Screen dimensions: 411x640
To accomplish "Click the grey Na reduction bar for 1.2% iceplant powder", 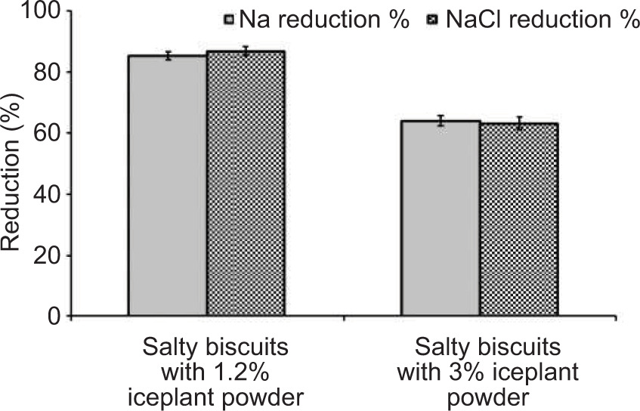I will pos(167,185).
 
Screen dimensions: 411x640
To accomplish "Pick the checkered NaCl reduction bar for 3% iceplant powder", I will pos(518,219).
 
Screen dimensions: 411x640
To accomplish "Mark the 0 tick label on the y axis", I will pos(54,317).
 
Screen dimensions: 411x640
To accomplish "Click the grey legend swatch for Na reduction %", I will pos(230,20).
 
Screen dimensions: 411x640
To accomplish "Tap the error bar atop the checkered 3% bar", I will pos(519,123).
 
